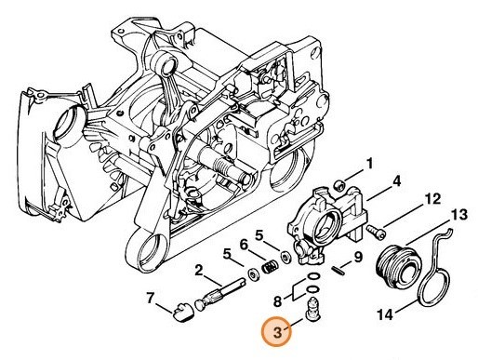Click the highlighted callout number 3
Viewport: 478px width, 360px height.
tap(277, 333)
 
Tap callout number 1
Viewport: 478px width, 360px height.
tap(369, 165)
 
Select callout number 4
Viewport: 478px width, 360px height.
tap(396, 181)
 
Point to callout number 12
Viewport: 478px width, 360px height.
tap(432, 199)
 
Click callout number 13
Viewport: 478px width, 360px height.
tap(458, 215)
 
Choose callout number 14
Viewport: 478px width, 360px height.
tap(385, 315)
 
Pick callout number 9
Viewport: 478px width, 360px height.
tap(358, 257)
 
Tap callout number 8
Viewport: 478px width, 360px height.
tap(278, 301)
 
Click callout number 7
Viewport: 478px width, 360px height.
tap(150, 299)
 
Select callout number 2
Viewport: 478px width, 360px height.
tap(198, 271)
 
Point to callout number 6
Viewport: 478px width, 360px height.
tap(244, 246)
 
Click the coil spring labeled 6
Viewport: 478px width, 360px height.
tap(270, 266)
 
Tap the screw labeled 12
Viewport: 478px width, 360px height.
tap(376, 232)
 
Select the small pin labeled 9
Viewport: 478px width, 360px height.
tap(338, 270)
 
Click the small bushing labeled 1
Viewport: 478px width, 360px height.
tap(339, 186)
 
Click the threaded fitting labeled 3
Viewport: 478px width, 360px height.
tap(312, 310)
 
